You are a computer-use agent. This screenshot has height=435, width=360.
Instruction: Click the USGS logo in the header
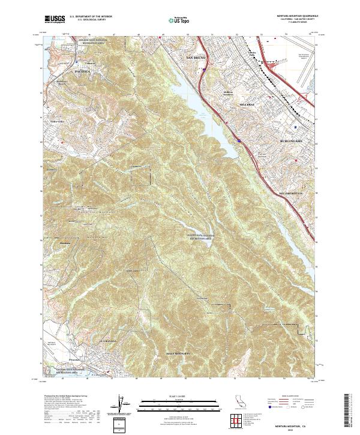(x=55, y=20)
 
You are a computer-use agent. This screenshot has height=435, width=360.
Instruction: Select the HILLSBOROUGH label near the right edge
(x=293, y=194)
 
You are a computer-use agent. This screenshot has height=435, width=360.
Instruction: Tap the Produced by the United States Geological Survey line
(x=65, y=396)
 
